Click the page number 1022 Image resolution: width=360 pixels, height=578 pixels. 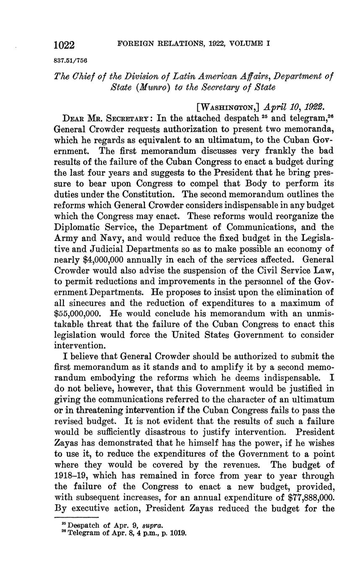pos(64,45)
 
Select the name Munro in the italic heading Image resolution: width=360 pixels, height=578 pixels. pos(145,87)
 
